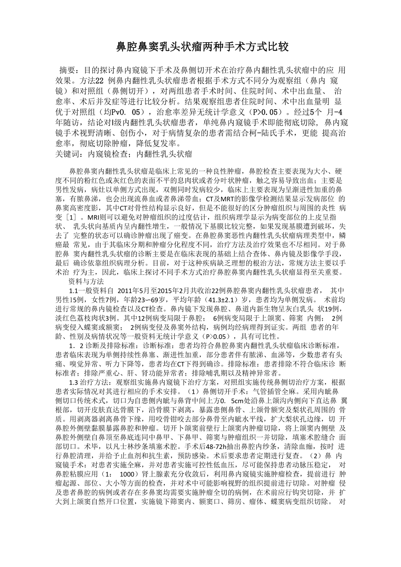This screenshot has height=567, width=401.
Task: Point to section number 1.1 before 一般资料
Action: coord(74,290)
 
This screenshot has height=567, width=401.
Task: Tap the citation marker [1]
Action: coord(69,217)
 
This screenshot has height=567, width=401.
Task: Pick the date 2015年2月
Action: coord(172,290)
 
